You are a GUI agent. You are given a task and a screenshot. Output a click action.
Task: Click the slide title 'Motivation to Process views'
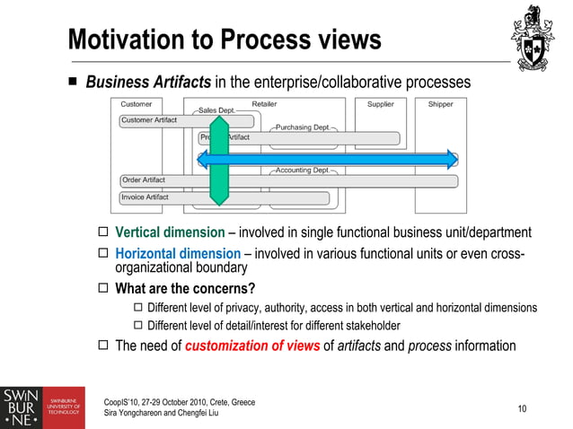(x=225, y=40)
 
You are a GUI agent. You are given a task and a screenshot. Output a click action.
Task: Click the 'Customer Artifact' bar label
(x=149, y=120)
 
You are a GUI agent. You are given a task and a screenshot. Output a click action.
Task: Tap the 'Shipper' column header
(x=440, y=104)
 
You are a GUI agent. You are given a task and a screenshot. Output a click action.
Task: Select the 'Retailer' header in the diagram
(x=264, y=104)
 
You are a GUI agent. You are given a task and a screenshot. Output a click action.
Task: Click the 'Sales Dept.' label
(x=216, y=110)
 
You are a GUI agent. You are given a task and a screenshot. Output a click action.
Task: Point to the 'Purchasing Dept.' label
(x=302, y=127)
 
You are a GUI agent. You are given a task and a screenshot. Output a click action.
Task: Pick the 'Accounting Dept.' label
(x=302, y=170)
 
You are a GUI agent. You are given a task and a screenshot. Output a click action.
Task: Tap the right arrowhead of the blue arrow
(x=449, y=160)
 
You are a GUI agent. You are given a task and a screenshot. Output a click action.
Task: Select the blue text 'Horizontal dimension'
(x=179, y=254)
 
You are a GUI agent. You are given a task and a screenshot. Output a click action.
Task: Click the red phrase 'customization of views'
(x=252, y=346)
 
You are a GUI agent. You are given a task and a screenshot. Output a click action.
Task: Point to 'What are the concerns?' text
(x=185, y=288)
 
